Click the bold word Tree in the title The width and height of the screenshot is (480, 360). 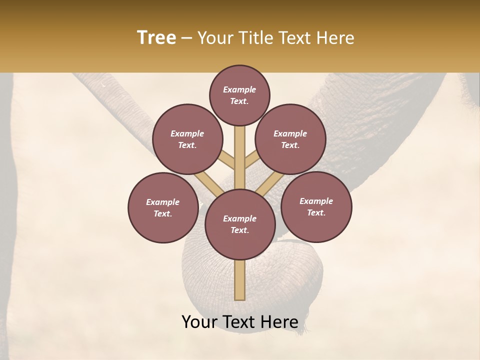tap(156, 38)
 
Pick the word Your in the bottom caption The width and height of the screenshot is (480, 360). tap(199, 322)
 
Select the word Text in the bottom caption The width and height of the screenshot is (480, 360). tap(239, 322)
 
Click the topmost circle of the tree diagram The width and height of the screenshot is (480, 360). tap(239, 95)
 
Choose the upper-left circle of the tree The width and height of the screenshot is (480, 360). tap(187, 139)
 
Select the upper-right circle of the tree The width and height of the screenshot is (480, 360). tap(290, 139)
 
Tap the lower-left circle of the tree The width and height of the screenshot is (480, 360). tap(162, 207)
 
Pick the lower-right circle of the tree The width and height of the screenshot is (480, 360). tap(316, 206)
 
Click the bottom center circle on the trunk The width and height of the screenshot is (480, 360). tap(239, 224)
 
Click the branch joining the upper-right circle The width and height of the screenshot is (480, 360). tap(252, 159)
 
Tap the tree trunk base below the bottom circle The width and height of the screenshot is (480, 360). tap(239, 280)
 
